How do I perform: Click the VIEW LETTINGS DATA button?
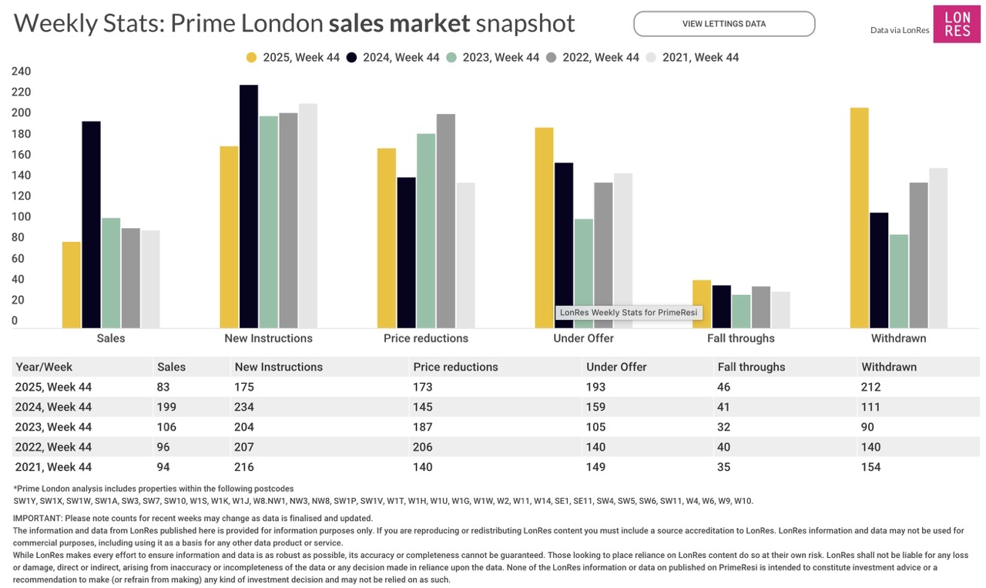pos(723,24)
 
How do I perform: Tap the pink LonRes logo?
pos(957,24)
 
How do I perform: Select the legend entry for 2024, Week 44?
pos(393,57)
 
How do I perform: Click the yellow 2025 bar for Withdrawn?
pos(859,218)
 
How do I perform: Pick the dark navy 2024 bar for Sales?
pos(91,224)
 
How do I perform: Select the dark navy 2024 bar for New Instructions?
pos(249,206)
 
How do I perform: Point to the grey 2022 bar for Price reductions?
pos(445,221)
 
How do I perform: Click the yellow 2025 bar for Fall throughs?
pos(701,304)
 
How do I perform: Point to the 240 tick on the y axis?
pos(21,72)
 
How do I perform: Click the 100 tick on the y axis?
pos(21,217)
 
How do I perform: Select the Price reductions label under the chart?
pos(425,338)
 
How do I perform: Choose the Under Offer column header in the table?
pos(616,367)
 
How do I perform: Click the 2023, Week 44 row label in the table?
pos(53,427)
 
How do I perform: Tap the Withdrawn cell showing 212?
pos(871,387)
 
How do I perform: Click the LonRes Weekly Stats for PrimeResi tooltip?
pos(629,313)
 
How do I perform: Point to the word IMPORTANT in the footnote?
pos(38,518)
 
